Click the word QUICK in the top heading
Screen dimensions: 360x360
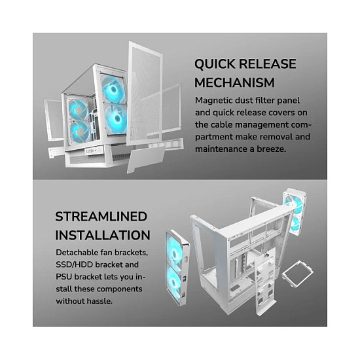pos(215,64)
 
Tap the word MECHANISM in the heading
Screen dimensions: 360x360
pos(234,82)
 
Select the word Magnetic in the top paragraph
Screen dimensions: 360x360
pos(213,101)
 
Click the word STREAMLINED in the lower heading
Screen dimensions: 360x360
pos(101,217)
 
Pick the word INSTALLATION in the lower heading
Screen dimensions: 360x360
pos(103,235)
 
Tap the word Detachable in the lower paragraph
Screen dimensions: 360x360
pos(77,253)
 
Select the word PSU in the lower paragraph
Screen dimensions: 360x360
pos(63,277)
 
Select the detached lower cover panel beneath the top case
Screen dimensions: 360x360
pos(145,159)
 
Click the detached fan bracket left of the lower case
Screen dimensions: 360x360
pos(177,267)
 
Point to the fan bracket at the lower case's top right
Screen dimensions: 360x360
pos(295,211)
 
